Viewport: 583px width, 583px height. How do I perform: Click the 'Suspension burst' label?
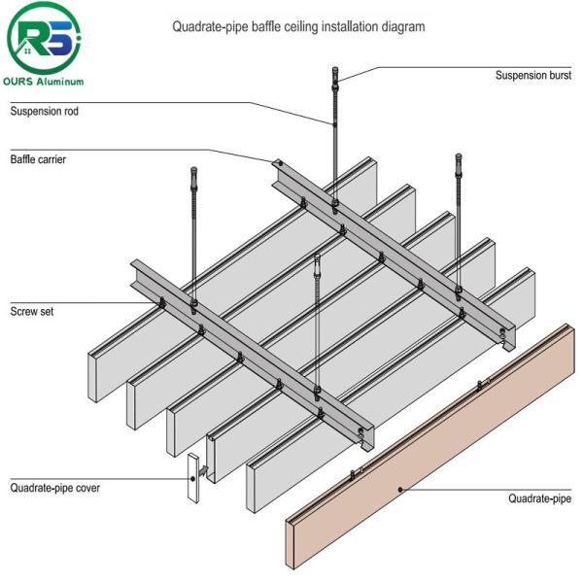pyautogui.click(x=533, y=75)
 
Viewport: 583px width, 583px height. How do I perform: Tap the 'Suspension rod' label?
pyautogui.click(x=44, y=111)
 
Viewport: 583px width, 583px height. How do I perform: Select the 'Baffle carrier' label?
pyautogui.click(x=38, y=158)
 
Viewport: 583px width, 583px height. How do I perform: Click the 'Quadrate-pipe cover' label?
pyautogui.click(x=54, y=488)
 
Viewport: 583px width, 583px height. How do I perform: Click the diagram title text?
pyautogui.click(x=298, y=27)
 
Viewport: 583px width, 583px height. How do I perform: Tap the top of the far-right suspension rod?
pyautogui.click(x=459, y=158)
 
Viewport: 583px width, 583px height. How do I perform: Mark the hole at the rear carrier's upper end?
pyautogui.click(x=277, y=162)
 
